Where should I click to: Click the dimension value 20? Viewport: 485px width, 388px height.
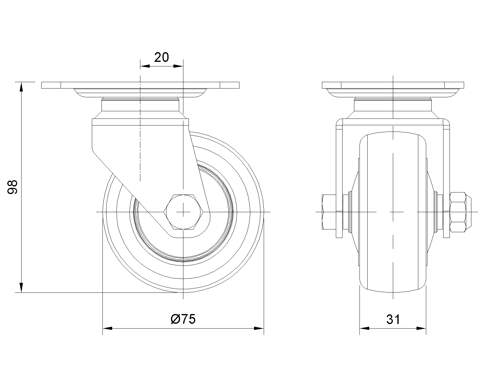click(161, 58)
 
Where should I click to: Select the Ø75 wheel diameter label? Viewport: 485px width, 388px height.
click(183, 319)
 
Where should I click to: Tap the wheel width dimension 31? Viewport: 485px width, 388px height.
click(393, 319)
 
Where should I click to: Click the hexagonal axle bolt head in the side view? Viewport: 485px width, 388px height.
click(183, 212)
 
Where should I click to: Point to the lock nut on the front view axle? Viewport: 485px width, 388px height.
click(460, 212)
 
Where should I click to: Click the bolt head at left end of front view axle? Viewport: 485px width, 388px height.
click(329, 212)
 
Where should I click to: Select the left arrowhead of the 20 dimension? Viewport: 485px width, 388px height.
click(145, 66)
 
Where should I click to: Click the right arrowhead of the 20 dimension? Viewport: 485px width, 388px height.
click(178, 66)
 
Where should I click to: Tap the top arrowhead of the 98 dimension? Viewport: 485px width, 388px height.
click(22, 87)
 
